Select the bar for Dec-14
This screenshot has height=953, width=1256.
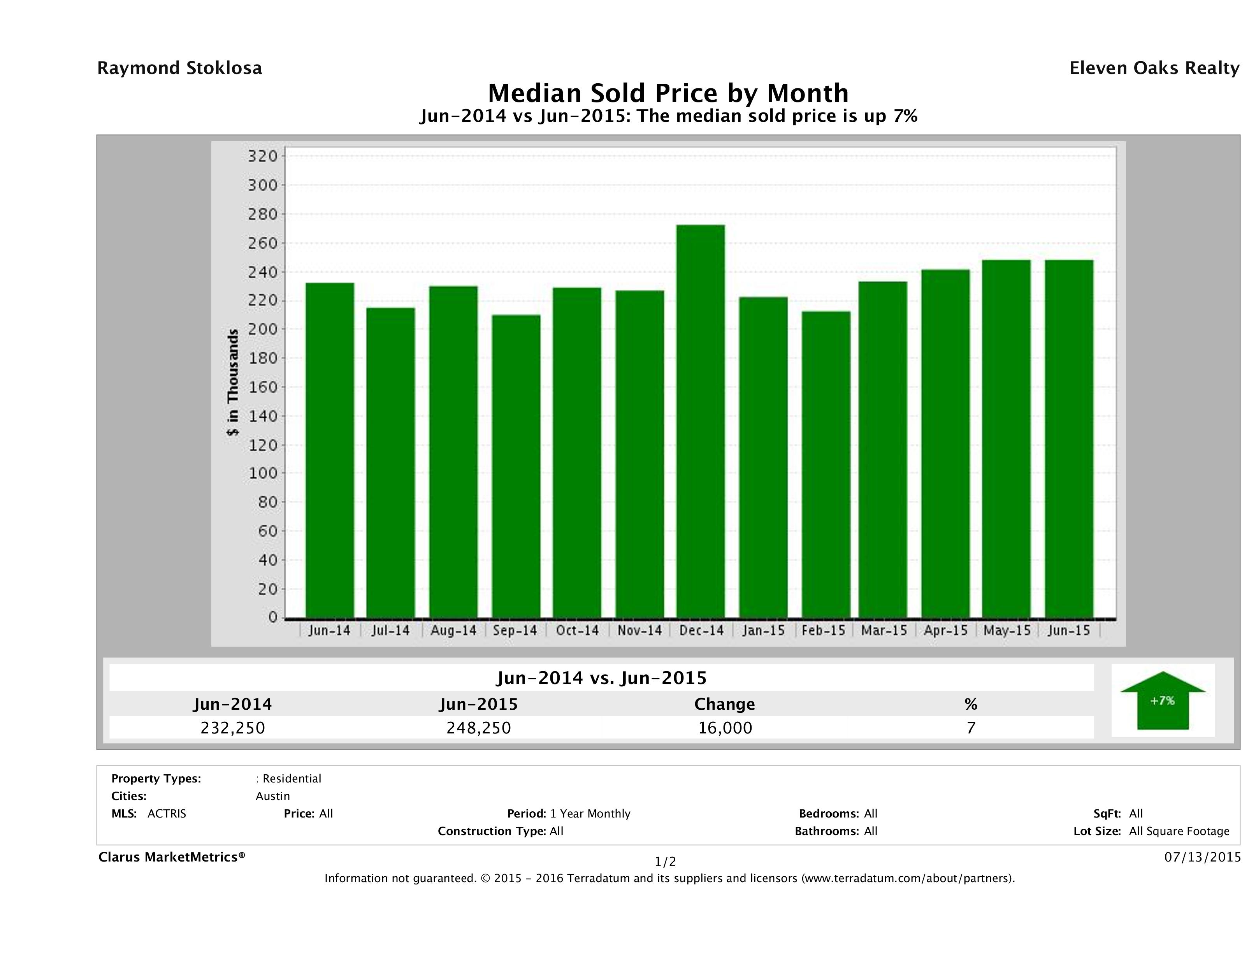point(701,421)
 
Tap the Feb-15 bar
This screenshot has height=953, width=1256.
point(826,464)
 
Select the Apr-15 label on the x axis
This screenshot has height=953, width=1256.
point(945,630)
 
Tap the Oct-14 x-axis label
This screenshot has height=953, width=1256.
point(578,630)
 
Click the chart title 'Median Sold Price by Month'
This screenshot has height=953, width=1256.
point(668,93)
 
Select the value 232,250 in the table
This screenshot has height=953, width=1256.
point(233,728)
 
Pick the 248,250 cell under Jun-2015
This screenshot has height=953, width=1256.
point(479,728)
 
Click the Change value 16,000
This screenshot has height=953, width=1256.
point(725,728)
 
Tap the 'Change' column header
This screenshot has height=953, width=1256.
point(725,704)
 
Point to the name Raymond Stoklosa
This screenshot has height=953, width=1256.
point(179,68)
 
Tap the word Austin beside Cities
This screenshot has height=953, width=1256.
point(272,796)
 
